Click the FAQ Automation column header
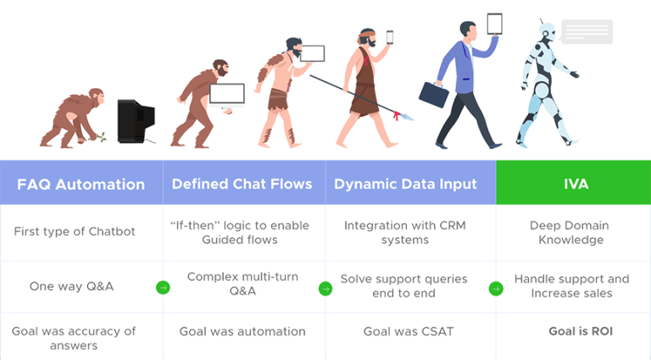(x=81, y=184)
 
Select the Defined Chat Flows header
(x=242, y=184)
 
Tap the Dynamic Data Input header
(x=404, y=184)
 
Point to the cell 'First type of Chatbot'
(x=75, y=231)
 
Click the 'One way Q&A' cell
(x=71, y=286)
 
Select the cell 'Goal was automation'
(x=242, y=331)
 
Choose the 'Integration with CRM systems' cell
(x=404, y=232)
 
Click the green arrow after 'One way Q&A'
(x=163, y=288)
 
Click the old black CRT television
(x=136, y=120)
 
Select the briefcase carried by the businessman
(x=434, y=94)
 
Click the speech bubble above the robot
(x=586, y=32)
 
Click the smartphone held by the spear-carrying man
(x=390, y=37)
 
